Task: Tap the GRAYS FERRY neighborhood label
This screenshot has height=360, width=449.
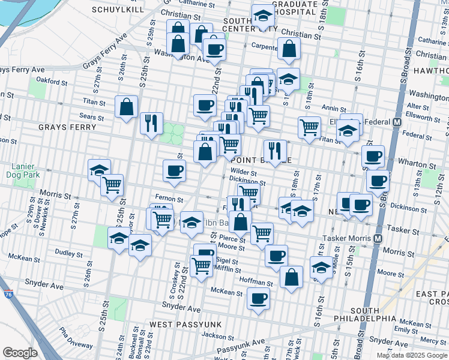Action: pyautogui.click(x=67, y=127)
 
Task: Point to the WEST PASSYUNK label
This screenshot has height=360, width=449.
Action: pyautogui.click(x=185, y=324)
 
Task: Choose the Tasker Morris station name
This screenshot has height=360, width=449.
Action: pyautogui.click(x=348, y=238)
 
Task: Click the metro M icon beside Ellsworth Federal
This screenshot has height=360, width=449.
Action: pyautogui.click(x=397, y=122)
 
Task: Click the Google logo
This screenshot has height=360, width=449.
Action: pyautogui.click(x=20, y=352)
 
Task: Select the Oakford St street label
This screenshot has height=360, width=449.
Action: pyautogui.click(x=50, y=79)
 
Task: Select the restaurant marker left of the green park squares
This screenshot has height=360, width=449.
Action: pyautogui.click(x=151, y=123)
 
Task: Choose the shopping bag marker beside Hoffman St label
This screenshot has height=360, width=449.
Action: pyautogui.click(x=291, y=277)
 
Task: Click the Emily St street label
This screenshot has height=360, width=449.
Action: pyautogui.click(x=406, y=330)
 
